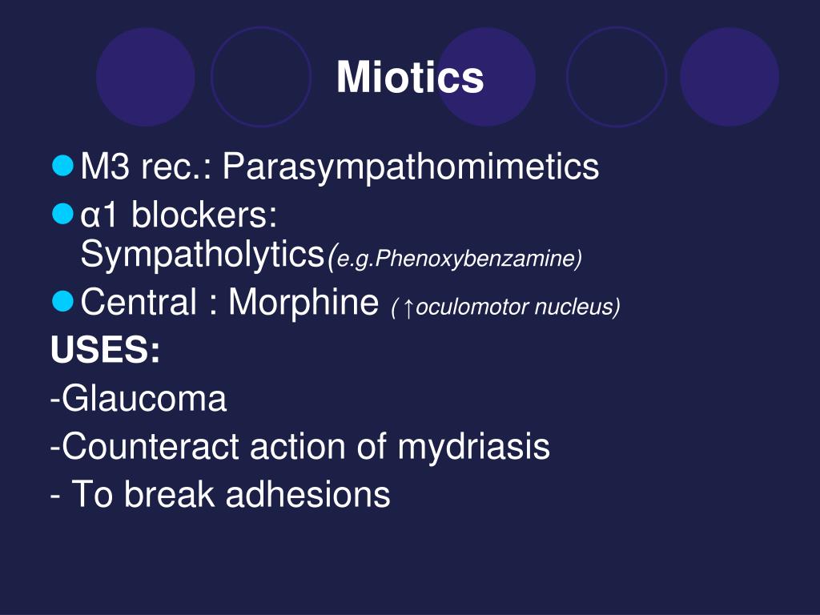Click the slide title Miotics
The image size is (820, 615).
[x=410, y=78]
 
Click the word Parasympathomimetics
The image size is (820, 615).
[x=410, y=167]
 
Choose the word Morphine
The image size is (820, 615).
[x=303, y=303]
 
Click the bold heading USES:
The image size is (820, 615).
[x=105, y=351]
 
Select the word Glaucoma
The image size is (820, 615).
[x=144, y=399]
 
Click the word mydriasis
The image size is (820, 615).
[x=473, y=447]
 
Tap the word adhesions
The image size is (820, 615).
[x=307, y=495]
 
